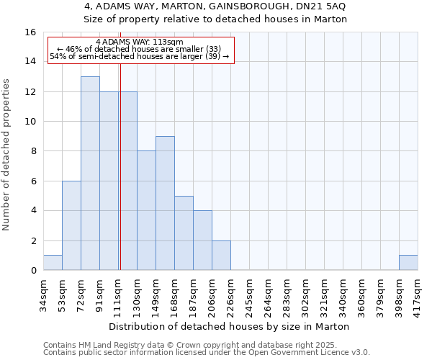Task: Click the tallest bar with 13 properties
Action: click(90, 173)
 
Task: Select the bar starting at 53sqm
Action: click(71, 225)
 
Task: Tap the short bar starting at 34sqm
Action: click(53, 263)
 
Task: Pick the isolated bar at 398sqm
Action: click(408, 263)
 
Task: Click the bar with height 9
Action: click(165, 203)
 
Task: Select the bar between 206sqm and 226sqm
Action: click(221, 256)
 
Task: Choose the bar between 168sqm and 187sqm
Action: click(184, 233)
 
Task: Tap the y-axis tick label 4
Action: click(33, 211)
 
